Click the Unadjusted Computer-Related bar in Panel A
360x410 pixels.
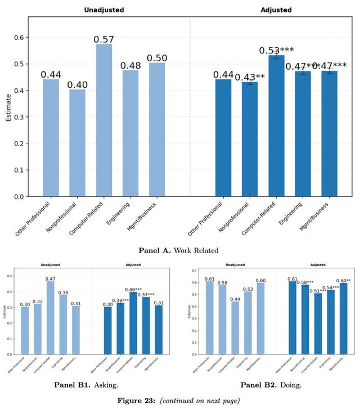click(x=104, y=120)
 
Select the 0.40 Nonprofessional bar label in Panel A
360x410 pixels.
click(x=78, y=85)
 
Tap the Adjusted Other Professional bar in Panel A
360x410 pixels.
click(x=223, y=138)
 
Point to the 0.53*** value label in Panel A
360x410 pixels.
click(x=277, y=51)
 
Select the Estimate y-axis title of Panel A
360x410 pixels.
click(x=8, y=107)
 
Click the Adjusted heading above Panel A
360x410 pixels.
click(x=276, y=10)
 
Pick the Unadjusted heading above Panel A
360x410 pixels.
click(x=104, y=10)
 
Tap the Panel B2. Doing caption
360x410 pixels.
click(x=271, y=385)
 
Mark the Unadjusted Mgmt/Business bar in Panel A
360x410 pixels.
click(x=157, y=129)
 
